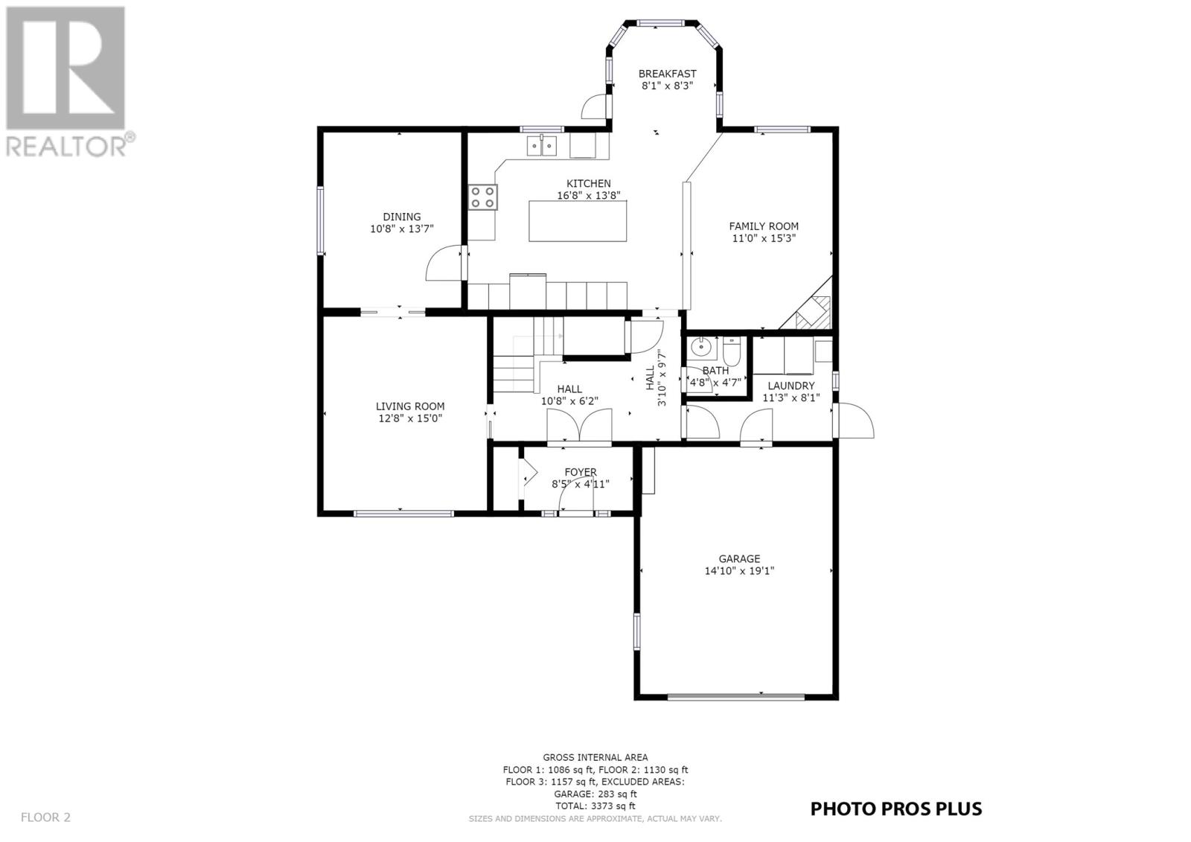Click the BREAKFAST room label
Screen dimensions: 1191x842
[667, 74]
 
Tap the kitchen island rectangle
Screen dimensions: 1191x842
[578, 221]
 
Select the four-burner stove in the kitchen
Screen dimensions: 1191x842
[483, 197]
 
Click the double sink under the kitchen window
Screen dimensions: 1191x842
[542, 146]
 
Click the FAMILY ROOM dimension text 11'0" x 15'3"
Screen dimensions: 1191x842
[764, 238]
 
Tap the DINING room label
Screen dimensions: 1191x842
[401, 217]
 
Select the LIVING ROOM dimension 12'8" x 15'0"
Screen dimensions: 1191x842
[410, 418]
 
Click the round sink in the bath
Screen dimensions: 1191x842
[701, 348]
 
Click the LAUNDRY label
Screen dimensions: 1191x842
[791, 386]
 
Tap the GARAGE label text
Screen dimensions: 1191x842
[739, 558]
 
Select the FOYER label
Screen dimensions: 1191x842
[581, 472]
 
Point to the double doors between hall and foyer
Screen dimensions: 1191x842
[580, 426]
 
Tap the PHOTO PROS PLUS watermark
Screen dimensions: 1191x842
[896, 808]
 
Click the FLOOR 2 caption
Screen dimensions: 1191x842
[45, 817]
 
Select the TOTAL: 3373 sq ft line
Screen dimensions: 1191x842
[595, 806]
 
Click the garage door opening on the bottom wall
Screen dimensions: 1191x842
[736, 696]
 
